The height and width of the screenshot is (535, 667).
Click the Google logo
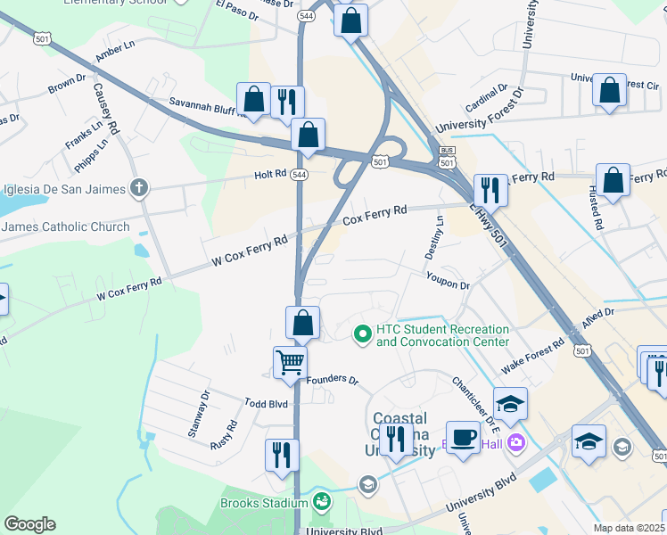(29, 524)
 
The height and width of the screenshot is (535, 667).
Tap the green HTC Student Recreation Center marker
(363, 334)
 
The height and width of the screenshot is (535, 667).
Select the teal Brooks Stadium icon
(322, 503)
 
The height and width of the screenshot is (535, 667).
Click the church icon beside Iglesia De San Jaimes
(138, 188)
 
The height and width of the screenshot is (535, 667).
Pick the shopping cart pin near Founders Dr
(290, 364)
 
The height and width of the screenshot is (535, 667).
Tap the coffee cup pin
(462, 438)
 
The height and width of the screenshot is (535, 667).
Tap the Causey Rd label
(105, 109)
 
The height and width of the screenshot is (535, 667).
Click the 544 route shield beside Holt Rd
(299, 175)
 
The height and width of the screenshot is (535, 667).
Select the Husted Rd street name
(596, 211)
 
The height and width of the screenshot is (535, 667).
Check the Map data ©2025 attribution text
(629, 528)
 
